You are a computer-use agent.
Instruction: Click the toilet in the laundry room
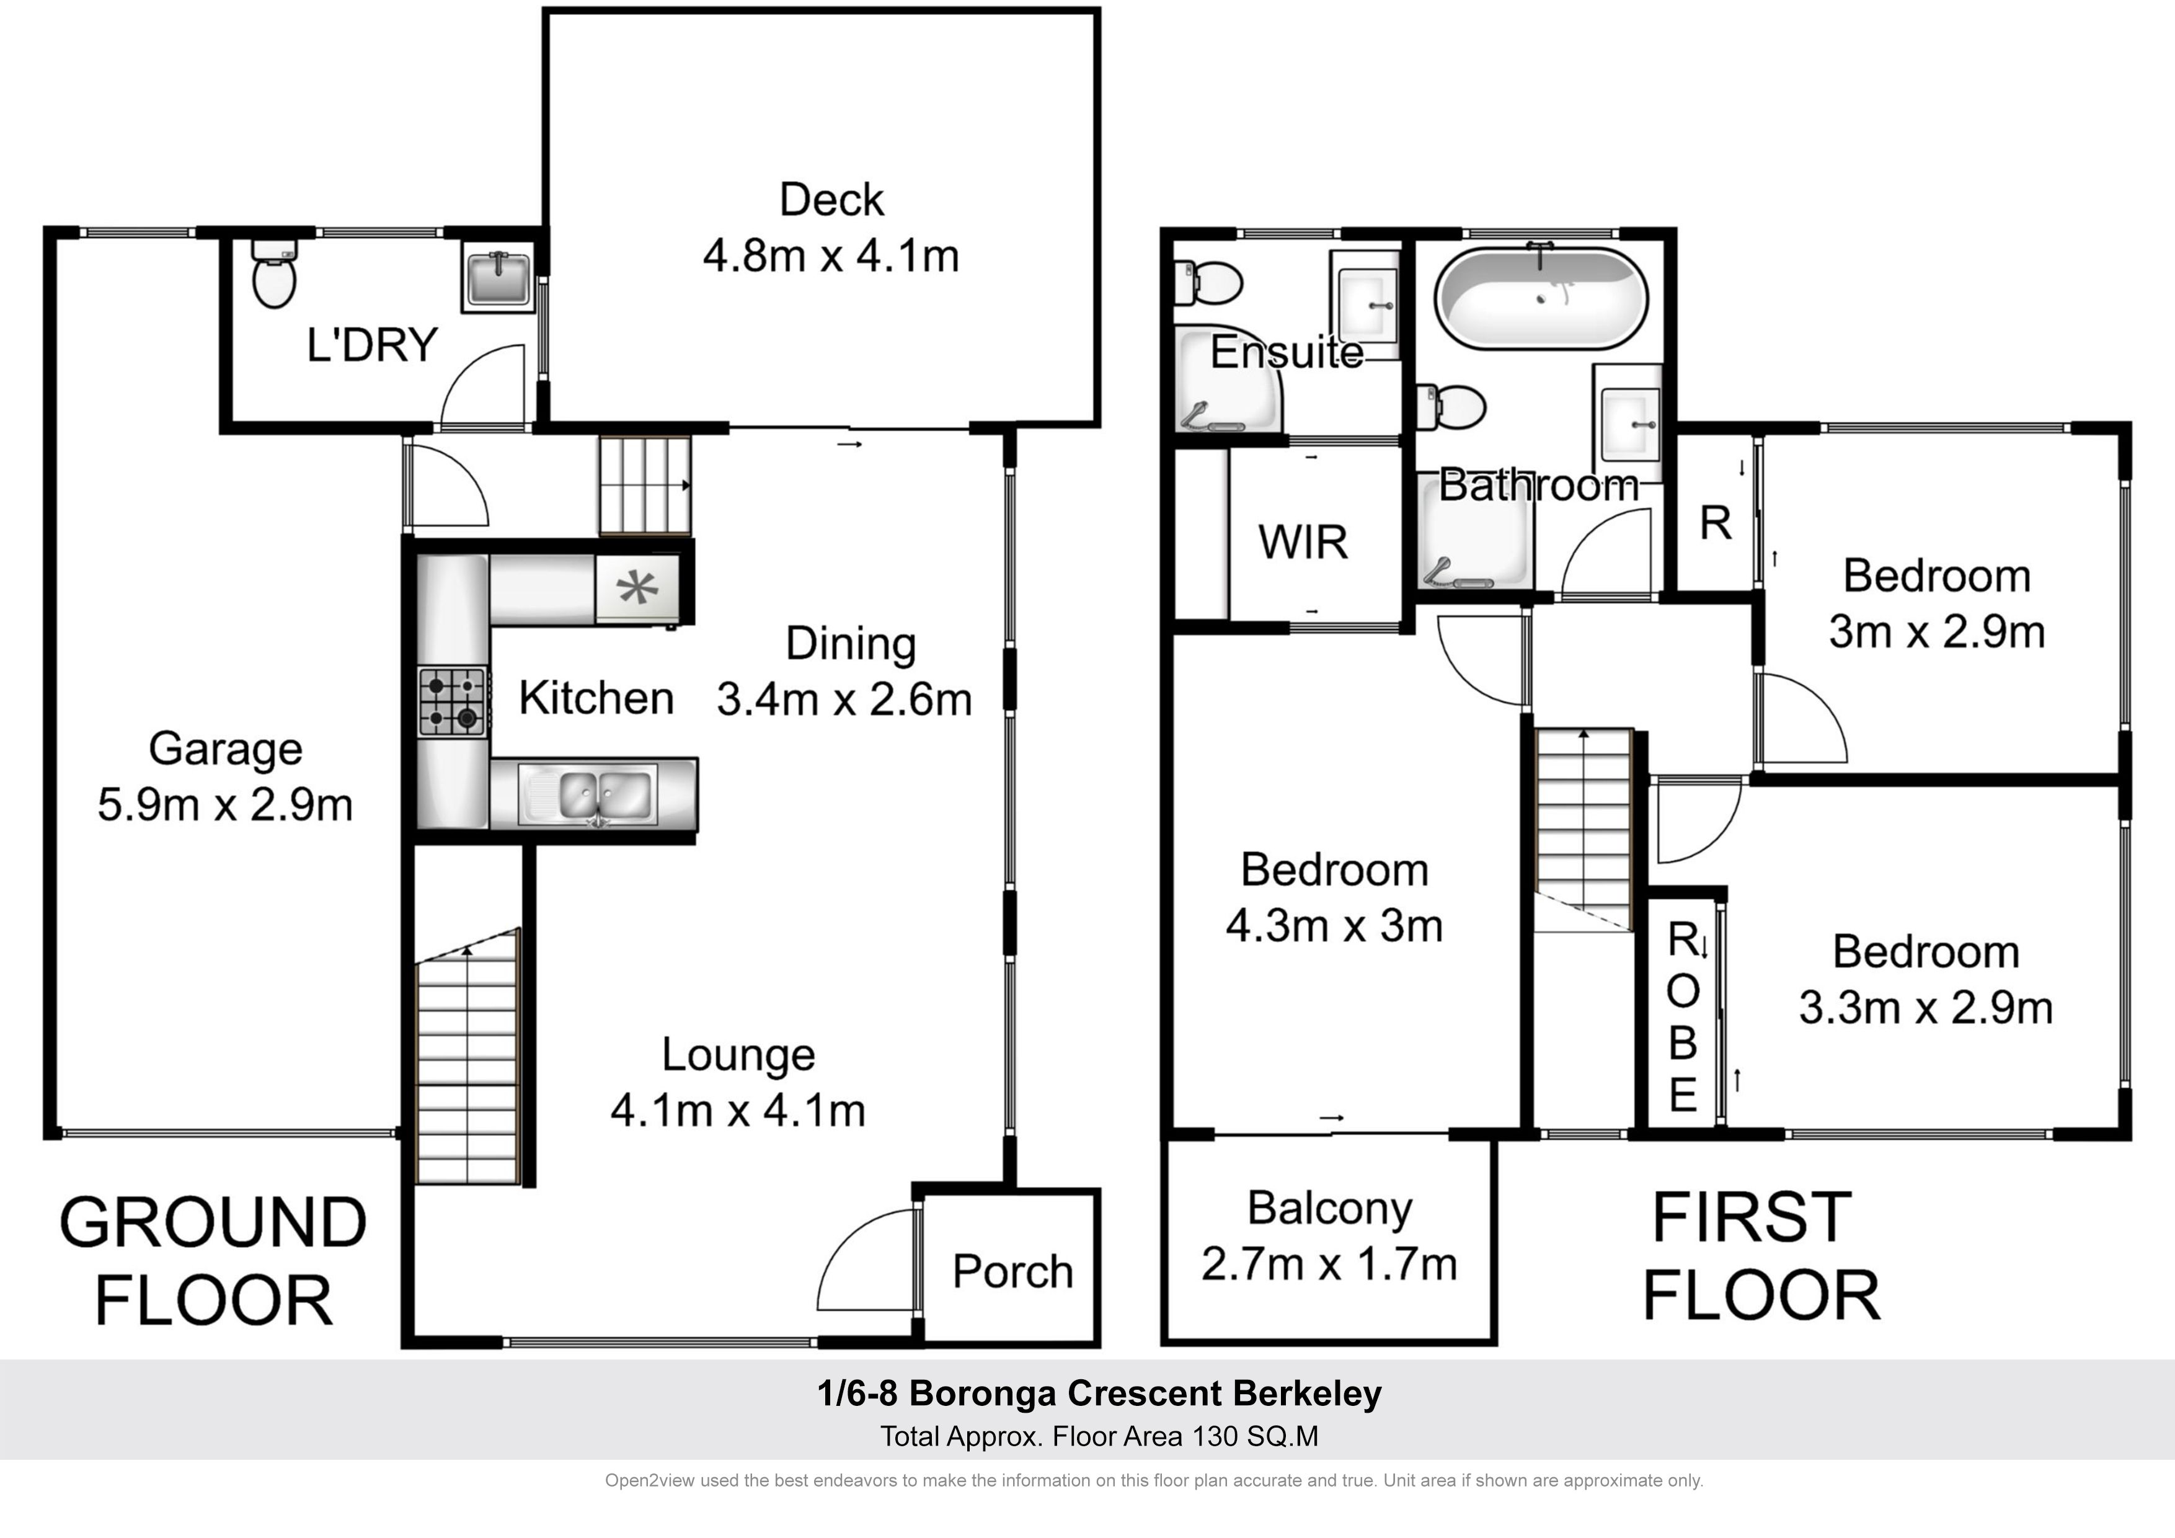coord(275,273)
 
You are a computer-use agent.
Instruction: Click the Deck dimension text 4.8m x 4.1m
coord(831,256)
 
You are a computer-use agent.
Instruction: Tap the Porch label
coord(1012,1272)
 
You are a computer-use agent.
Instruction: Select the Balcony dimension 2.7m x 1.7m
coord(1329,1264)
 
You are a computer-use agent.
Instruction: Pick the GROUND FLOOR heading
coord(213,1261)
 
